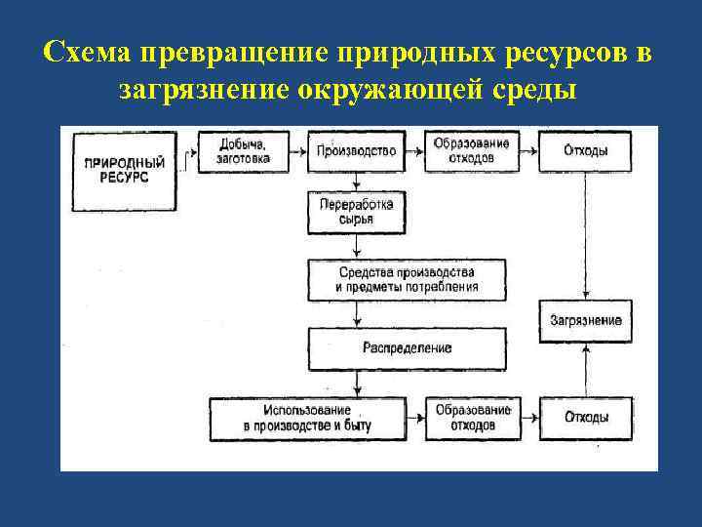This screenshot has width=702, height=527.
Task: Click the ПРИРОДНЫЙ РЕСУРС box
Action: [124, 171]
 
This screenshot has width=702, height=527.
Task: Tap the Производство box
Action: [356, 150]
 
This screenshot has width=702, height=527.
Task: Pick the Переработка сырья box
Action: [356, 213]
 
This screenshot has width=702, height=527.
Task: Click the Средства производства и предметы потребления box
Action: [407, 279]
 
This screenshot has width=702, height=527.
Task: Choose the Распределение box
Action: [407, 348]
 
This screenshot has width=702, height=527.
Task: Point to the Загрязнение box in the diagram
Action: [585, 320]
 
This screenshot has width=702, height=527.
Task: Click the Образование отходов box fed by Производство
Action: [472, 151]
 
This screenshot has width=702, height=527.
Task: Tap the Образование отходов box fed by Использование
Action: [472, 418]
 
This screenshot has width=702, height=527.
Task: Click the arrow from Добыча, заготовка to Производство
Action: [299, 151]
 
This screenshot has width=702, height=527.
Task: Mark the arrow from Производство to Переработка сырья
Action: [358, 182]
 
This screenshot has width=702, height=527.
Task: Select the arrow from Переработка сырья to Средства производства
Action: [358, 247]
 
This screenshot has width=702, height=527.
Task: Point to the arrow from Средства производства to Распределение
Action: [358, 314]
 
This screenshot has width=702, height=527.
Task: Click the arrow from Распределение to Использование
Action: [358, 383]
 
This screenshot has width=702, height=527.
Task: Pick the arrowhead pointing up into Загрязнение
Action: [585, 345]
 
